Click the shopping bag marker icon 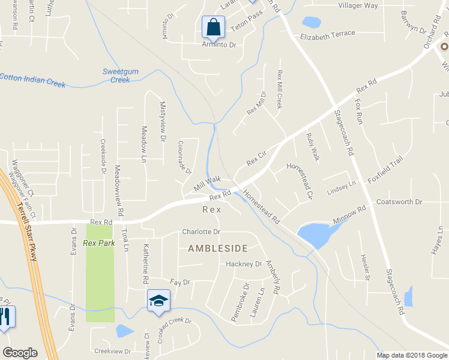coord(213,26)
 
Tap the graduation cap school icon coord(158,300)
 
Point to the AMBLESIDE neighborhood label coord(218,248)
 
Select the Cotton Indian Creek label coord(33,80)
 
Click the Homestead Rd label coord(262,207)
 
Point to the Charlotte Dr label coord(201,232)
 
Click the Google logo coord(20,353)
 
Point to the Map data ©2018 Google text coord(412,355)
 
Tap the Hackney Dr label coord(244,264)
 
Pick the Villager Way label coord(358,5)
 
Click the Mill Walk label coord(208,183)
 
